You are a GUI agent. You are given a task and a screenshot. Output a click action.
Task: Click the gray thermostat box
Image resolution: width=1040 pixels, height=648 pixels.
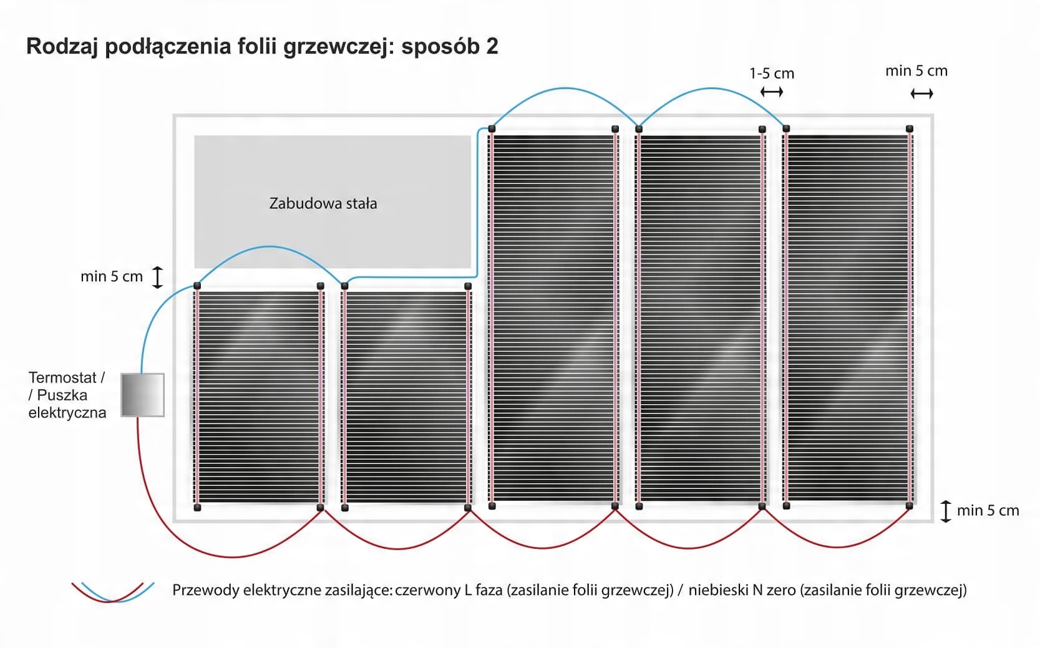(142, 395)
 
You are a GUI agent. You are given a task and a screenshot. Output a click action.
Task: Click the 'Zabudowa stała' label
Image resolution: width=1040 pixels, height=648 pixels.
(323, 203)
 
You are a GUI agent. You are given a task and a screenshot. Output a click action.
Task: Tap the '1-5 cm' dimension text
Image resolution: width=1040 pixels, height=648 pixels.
(772, 74)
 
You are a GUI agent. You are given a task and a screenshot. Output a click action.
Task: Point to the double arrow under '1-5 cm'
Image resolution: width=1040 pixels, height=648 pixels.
(772, 92)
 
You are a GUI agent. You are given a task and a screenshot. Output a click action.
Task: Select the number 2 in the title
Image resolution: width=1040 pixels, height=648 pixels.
(492, 46)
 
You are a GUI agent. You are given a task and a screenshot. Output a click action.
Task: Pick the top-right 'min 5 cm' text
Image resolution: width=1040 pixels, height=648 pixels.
(916, 70)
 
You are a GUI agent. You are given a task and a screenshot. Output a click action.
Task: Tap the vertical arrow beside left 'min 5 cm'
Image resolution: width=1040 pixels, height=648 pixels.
(158, 277)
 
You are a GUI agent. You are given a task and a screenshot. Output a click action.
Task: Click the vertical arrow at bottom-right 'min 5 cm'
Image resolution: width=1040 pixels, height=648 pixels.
(946, 511)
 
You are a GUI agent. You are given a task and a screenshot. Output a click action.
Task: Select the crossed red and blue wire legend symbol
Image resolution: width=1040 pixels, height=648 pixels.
(112, 592)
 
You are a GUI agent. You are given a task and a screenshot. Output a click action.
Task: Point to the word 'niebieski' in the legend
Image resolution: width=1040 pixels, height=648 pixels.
(719, 590)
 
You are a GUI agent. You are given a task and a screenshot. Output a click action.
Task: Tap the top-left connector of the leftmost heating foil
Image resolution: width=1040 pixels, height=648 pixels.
(197, 286)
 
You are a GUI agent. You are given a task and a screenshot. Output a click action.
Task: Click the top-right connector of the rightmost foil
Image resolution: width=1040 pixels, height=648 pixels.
(910, 128)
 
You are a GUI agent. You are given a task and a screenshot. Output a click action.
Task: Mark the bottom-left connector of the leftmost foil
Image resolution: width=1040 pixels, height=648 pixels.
(197, 507)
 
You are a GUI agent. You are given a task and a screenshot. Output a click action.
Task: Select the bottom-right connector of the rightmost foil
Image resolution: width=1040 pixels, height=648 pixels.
(910, 506)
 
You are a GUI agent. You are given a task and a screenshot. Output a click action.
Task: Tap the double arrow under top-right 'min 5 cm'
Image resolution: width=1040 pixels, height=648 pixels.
(921, 94)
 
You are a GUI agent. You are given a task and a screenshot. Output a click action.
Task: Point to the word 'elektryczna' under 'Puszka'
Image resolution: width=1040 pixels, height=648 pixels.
(67, 413)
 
